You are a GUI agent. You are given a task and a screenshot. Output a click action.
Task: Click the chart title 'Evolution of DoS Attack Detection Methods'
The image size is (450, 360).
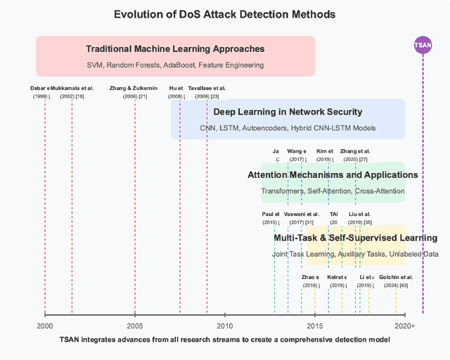click(x=225, y=14)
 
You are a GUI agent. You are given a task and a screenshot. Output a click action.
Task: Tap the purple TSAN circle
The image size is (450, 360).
click(x=423, y=46)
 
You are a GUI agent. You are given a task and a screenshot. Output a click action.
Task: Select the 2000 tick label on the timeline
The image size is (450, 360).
click(x=45, y=326)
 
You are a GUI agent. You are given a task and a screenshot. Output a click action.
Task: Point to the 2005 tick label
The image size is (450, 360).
click(x=135, y=326)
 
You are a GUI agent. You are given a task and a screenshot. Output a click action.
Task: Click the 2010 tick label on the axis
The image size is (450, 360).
click(x=225, y=326)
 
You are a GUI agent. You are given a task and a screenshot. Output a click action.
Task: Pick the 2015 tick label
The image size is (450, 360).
click(x=315, y=326)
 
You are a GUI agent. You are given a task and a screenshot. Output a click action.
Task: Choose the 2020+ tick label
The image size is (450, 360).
click(x=404, y=326)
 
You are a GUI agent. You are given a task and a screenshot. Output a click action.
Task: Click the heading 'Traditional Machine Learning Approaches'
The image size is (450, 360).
click(x=175, y=49)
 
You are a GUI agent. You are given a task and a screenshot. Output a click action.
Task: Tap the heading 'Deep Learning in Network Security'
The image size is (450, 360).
click(x=288, y=112)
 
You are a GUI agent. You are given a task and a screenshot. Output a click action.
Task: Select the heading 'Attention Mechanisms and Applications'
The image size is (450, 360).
click(x=333, y=174)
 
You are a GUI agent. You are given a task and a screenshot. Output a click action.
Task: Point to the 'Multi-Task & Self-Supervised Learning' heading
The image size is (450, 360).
click(x=355, y=238)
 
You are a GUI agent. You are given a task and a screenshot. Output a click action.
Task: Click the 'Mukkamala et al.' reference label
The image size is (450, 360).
click(x=72, y=88)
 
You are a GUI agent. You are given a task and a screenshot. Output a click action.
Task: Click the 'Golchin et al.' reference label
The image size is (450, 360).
click(x=396, y=277)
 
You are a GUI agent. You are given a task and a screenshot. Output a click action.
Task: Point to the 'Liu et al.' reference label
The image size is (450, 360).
click(x=359, y=214)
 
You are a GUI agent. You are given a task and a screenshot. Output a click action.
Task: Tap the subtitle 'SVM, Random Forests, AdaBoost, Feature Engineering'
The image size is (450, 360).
click(x=175, y=65)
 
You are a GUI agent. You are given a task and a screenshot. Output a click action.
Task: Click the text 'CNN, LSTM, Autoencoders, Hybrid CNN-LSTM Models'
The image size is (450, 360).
click(x=288, y=128)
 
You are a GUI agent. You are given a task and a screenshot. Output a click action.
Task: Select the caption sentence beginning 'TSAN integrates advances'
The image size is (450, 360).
click(x=225, y=340)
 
